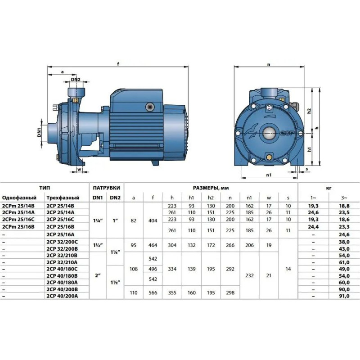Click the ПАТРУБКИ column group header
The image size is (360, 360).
[106, 188]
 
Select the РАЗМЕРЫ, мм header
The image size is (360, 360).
[211, 188]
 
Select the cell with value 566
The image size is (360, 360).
[153, 292]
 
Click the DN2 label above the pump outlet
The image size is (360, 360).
[75, 80]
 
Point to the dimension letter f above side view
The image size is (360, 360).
[118, 63]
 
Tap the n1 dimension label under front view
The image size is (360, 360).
[269, 176]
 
